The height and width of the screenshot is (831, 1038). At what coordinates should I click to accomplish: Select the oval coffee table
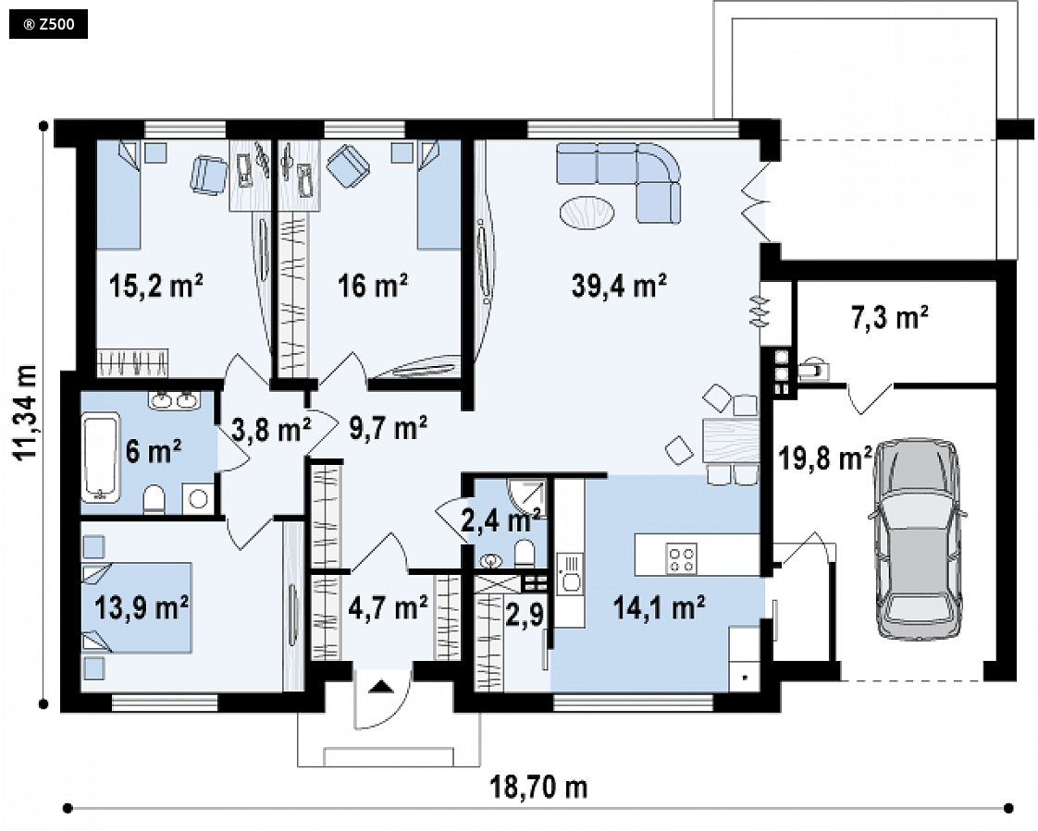point(587,213)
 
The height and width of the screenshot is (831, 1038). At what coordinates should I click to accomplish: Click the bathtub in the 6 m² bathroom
point(101,458)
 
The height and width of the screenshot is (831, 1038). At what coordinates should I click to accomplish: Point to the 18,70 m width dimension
point(538,788)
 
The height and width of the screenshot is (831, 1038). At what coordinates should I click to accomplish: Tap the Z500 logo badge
point(48,25)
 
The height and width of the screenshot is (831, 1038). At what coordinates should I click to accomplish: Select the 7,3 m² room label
point(888,318)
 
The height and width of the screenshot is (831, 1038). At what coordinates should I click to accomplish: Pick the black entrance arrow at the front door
point(380,686)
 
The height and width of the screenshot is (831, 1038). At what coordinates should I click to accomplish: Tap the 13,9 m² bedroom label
point(142,606)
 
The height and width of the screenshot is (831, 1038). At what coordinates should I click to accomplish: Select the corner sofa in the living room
point(619,182)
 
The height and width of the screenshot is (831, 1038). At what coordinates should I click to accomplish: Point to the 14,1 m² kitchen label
point(659,606)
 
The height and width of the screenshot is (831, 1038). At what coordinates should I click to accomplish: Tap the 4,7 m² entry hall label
point(388,606)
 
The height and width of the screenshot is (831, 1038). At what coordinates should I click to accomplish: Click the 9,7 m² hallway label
point(388,428)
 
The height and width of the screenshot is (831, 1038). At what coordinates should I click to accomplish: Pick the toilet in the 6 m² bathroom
point(154,499)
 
